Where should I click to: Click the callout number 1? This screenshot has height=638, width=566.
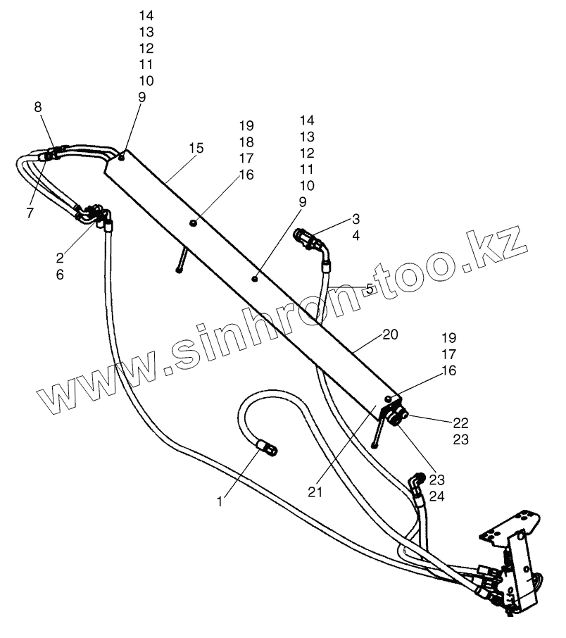coord(220,502)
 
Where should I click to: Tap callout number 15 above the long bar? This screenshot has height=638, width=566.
coord(196,148)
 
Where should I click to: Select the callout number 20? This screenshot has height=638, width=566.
coord(390,335)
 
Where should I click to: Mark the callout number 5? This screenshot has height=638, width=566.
coord(370,288)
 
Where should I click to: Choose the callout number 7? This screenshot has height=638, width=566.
coord(30,213)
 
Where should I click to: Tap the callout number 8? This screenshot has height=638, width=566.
coord(38,107)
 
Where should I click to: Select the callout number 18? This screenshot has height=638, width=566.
coord(246,142)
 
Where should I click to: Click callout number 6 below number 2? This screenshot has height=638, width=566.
coord(60,275)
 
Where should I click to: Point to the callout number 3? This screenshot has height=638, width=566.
coord(356,219)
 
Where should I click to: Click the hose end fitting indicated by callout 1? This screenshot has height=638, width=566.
coord(268,446)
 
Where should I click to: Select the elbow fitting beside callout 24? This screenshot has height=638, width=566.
coord(416,483)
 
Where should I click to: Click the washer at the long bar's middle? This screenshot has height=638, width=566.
coord(192,223)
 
